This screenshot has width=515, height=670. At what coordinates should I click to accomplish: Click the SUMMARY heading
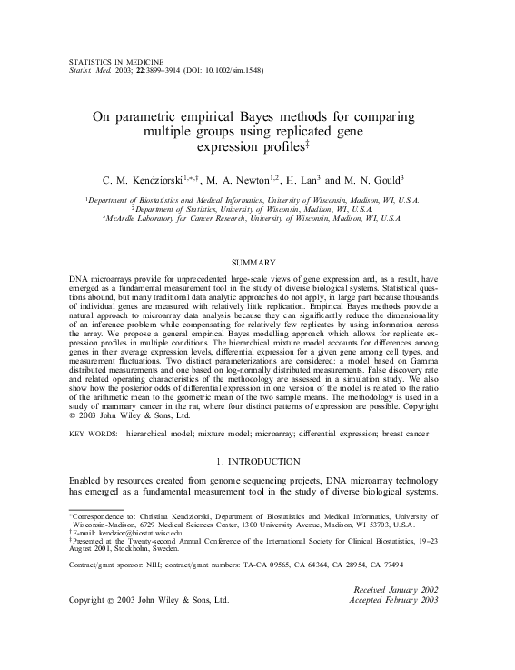pos(257,262)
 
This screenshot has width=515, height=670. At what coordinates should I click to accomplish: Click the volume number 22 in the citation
pos(139,67)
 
